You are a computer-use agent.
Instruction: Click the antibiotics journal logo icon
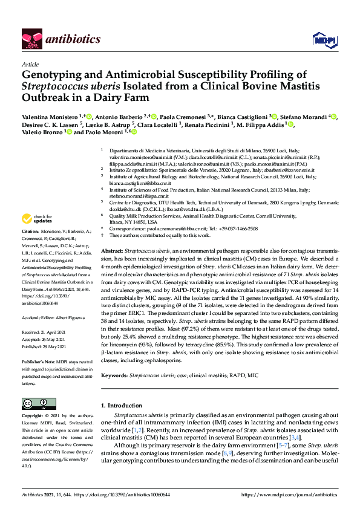(31, 39)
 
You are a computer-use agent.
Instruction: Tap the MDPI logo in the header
(321, 40)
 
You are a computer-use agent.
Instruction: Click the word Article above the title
(30, 63)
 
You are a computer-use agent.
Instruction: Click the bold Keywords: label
(117, 375)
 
